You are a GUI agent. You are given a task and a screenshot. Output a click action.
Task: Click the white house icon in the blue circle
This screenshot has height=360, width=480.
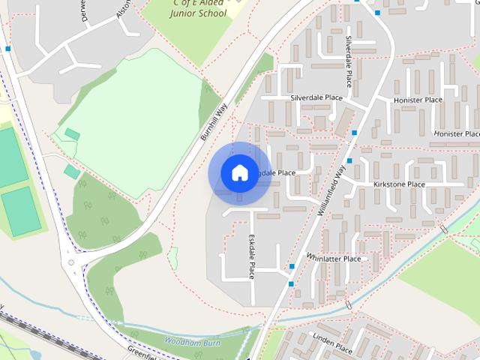click(239, 172)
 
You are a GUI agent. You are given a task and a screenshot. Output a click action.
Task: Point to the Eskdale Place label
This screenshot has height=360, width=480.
click(252, 256)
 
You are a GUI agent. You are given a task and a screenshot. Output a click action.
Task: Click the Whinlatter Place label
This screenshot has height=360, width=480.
click(333, 259)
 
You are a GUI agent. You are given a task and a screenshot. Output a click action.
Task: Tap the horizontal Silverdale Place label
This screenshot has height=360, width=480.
click(316, 97)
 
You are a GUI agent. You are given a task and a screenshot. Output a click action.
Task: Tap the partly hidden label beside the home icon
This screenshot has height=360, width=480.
click(277, 172)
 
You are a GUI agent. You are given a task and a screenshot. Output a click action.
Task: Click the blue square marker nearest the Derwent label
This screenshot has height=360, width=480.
click(7, 49)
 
